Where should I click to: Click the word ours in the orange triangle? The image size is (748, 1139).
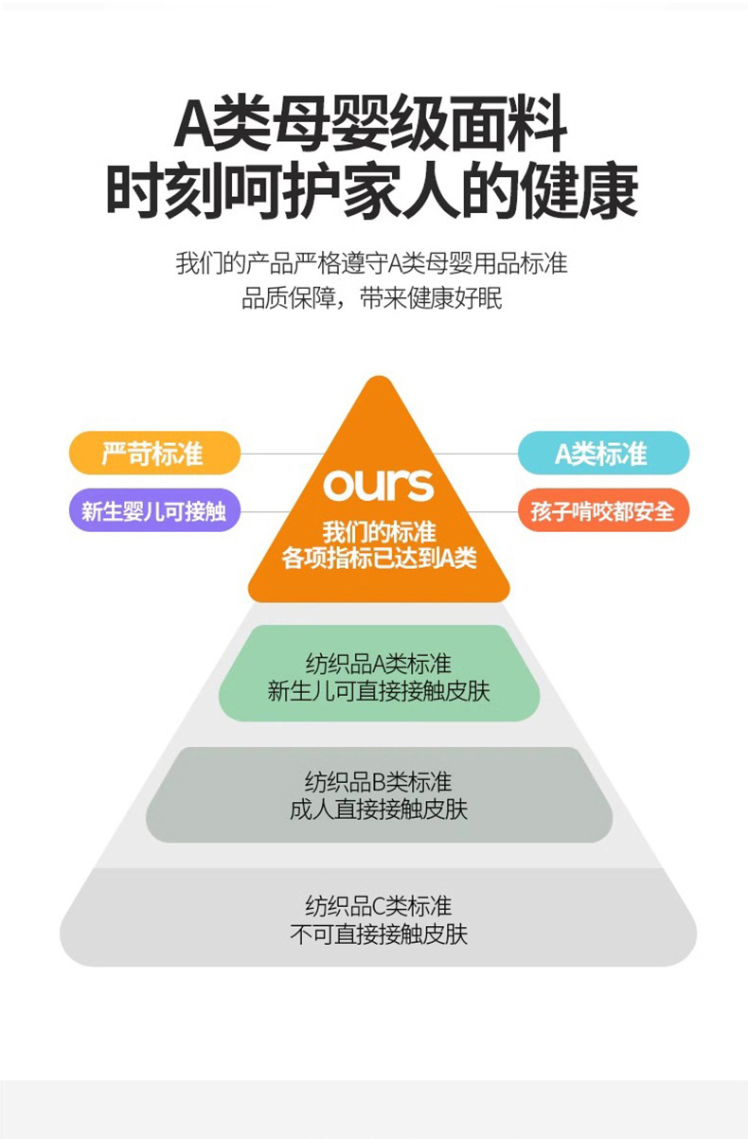click(378, 484)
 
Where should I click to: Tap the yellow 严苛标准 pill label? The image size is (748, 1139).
click(153, 453)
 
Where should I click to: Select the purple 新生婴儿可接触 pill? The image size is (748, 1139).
click(153, 511)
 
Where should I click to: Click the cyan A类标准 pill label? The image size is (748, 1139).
click(602, 453)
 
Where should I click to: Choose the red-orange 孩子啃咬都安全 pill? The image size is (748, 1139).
click(602, 511)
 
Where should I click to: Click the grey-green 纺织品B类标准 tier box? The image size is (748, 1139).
click(379, 795)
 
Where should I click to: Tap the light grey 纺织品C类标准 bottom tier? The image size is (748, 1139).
click(379, 918)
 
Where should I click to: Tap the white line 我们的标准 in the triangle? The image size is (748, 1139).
click(379, 531)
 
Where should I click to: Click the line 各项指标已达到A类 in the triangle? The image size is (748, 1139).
click(379, 559)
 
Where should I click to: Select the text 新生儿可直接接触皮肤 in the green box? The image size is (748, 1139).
click(379, 691)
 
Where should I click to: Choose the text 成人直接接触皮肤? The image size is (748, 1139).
click(379, 810)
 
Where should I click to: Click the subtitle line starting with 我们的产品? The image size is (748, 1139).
click(372, 262)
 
